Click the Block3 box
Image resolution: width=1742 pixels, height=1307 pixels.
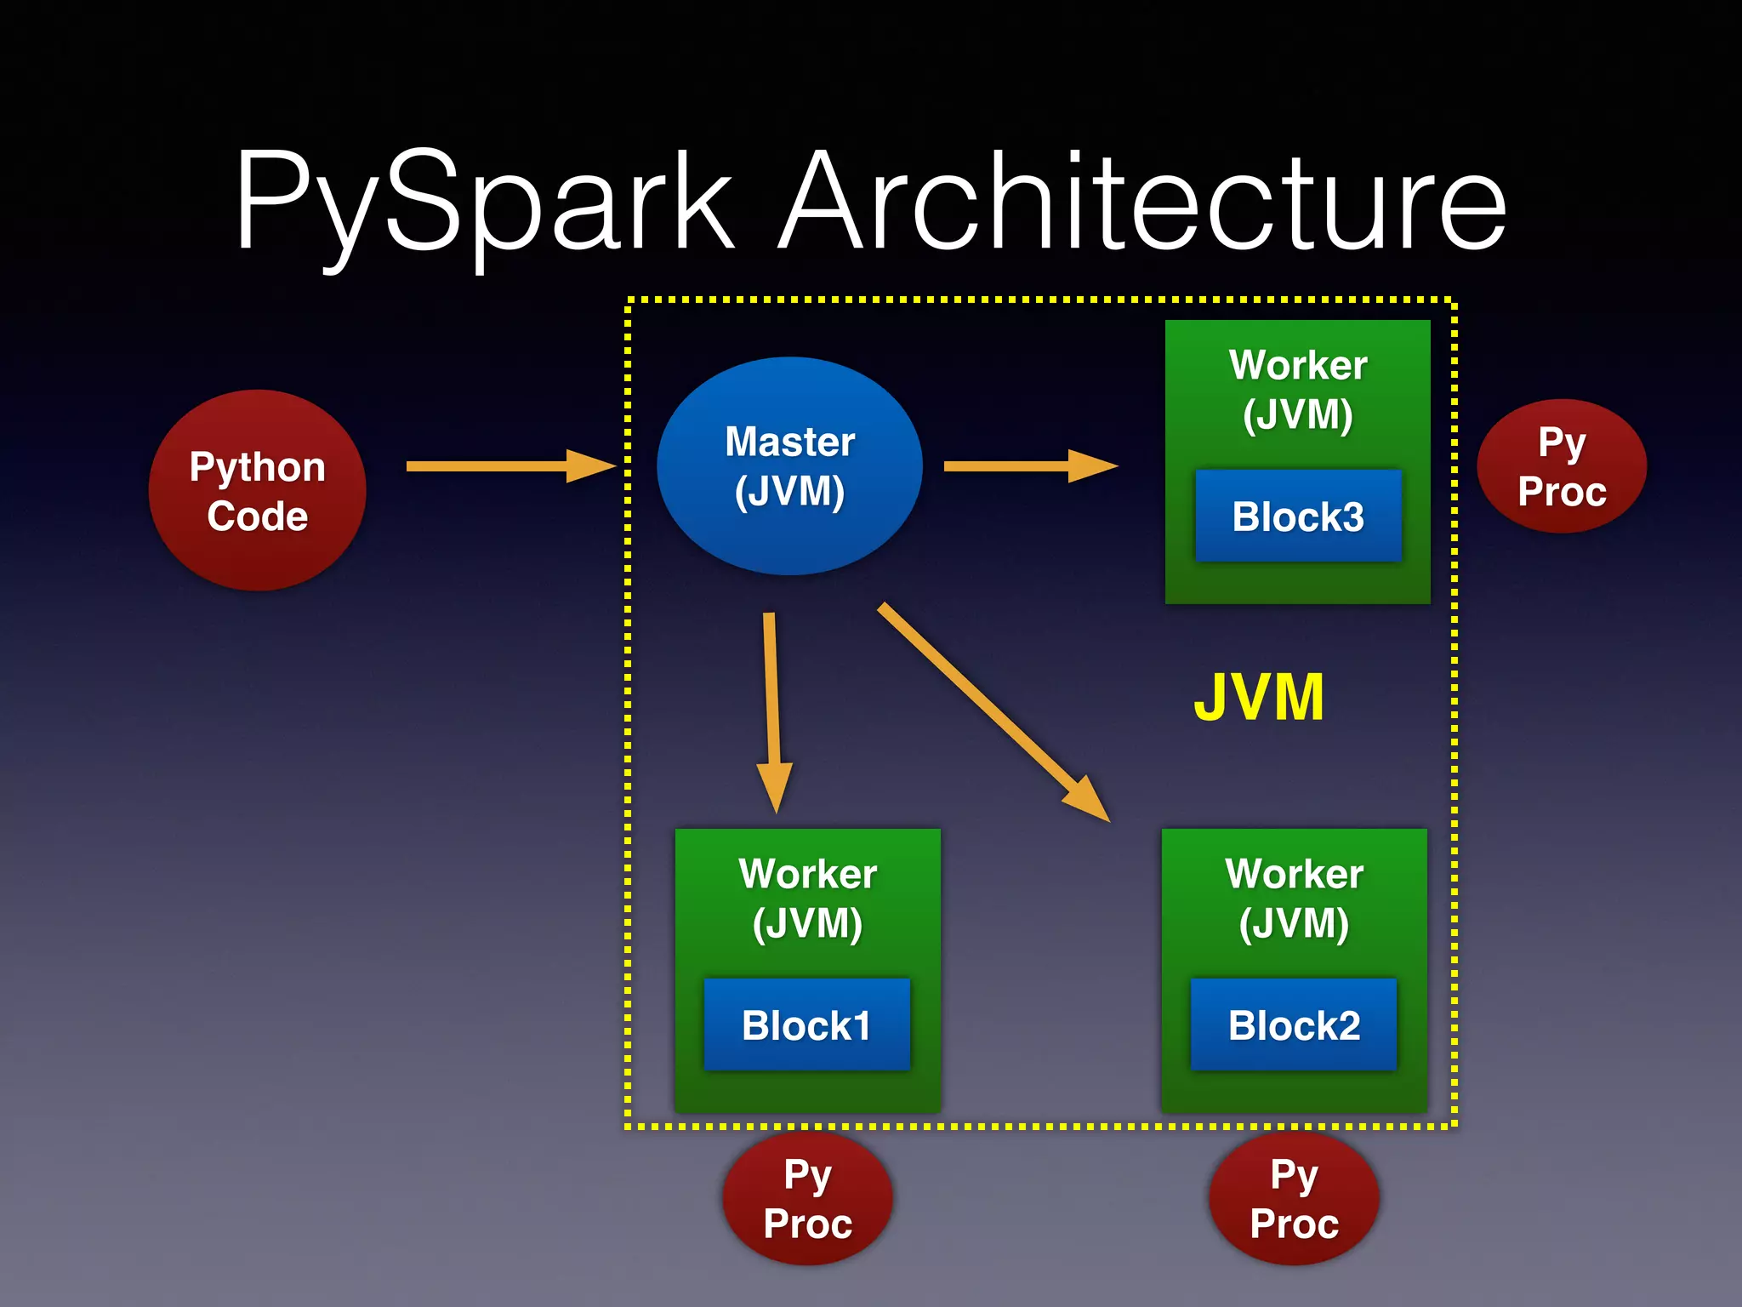tap(1298, 516)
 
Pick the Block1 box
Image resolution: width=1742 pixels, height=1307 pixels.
tap(806, 1024)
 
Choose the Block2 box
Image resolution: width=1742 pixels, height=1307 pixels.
tap(1293, 1024)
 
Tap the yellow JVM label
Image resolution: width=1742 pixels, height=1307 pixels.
tap(1259, 698)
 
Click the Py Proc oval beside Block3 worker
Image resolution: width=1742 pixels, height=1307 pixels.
tap(1562, 466)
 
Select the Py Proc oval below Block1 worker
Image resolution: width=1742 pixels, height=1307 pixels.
tap(807, 1199)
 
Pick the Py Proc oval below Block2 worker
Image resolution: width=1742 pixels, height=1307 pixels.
tap(1294, 1199)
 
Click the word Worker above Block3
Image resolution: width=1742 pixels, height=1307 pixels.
tap(1298, 366)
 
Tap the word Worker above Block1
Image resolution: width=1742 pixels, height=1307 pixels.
tap(807, 874)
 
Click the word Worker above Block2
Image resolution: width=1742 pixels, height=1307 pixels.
tap(1294, 874)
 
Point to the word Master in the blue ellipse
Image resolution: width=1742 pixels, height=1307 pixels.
tap(789, 442)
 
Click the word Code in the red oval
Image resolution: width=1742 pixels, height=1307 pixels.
tap(257, 517)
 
